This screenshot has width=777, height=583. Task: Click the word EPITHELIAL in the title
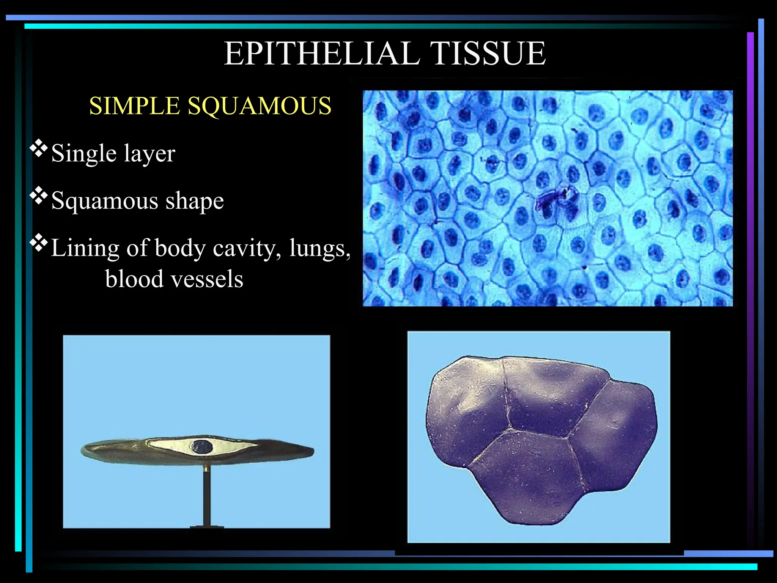click(x=322, y=54)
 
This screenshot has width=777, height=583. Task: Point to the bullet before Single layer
click(x=39, y=149)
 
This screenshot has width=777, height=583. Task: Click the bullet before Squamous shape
click(x=39, y=196)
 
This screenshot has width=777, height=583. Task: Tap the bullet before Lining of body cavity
click(x=39, y=244)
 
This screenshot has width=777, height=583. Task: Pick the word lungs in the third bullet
click(x=319, y=249)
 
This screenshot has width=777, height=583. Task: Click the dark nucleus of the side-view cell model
click(x=202, y=447)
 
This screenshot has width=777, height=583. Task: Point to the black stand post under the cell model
click(x=207, y=497)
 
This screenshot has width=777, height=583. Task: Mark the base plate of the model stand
click(x=207, y=527)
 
